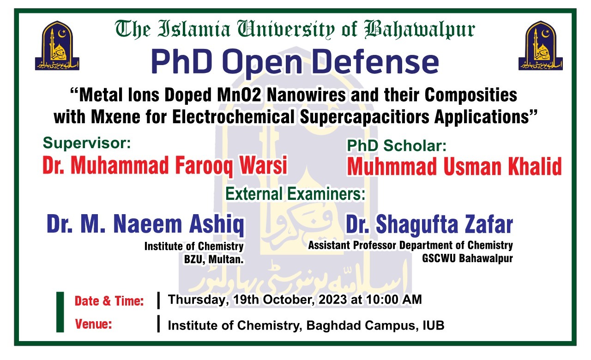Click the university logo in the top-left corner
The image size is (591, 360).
click(x=57, y=46)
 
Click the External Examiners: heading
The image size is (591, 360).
click(x=295, y=194)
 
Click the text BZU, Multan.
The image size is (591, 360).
click(x=214, y=259)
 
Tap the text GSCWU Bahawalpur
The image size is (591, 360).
click(x=467, y=258)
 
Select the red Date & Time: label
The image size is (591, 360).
click(x=109, y=301)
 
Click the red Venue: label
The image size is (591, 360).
click(x=94, y=324)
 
